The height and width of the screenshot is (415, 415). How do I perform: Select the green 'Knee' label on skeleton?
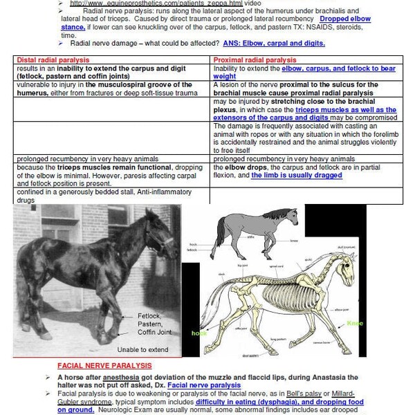pyautogui.click(x=355, y=323)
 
